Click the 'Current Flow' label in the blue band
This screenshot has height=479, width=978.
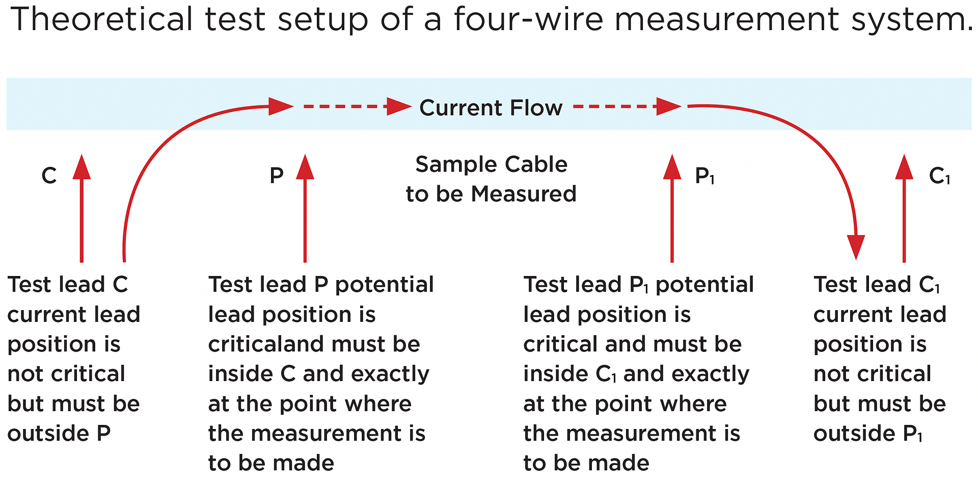pos(491,108)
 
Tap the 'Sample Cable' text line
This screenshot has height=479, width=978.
pos(491,164)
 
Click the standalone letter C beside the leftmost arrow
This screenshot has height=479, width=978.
pos(49,176)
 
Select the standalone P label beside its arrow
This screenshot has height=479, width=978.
pos(277,176)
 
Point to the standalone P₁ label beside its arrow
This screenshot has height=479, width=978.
pos(704,176)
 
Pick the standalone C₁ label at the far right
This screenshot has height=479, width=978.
pos(939,176)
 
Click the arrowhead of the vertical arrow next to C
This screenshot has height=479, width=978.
pos(81,167)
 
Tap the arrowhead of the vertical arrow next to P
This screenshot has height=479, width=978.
pos(305,167)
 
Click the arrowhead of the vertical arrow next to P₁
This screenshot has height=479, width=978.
pos(672,167)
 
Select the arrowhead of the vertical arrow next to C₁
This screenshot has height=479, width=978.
pos(904,167)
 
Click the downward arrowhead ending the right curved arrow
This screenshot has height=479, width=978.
pos(856,247)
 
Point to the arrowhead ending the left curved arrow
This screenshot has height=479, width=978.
pos(281,106)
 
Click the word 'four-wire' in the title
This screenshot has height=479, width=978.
pos(528,19)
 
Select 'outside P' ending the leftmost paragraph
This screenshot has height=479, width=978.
pos(59,434)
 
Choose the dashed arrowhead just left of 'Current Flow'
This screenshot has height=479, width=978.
pos(399,107)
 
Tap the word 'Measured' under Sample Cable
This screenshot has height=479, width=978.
pos(523,194)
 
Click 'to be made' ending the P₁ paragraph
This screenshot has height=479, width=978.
pos(586,463)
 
